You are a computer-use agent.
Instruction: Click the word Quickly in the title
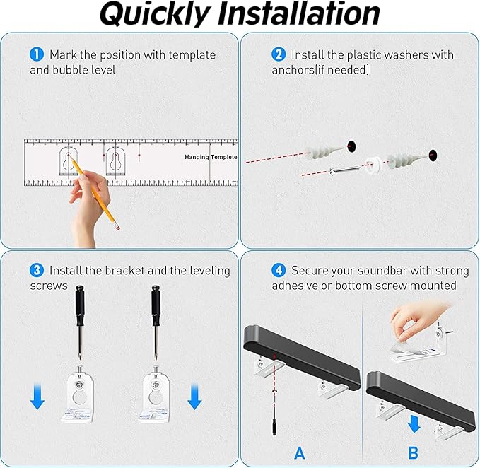(156, 14)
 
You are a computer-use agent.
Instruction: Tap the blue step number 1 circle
(37, 54)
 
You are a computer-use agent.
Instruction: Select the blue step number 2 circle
(279, 54)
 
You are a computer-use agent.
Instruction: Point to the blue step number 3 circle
(37, 270)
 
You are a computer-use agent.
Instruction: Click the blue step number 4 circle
(279, 270)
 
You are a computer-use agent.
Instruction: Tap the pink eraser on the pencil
(117, 226)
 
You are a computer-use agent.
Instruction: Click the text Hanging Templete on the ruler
(211, 157)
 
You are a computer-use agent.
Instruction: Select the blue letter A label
(300, 452)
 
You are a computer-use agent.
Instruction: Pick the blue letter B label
(413, 452)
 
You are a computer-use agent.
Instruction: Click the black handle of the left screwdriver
(80, 305)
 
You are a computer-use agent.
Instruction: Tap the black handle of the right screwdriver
(156, 305)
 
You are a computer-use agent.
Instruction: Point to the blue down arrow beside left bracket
(37, 396)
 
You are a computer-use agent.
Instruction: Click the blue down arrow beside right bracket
(194, 397)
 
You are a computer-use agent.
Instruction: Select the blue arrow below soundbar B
(414, 423)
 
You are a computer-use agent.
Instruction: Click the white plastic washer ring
(372, 165)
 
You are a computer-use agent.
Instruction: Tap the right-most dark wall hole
(433, 156)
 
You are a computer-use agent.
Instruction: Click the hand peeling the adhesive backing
(419, 320)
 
